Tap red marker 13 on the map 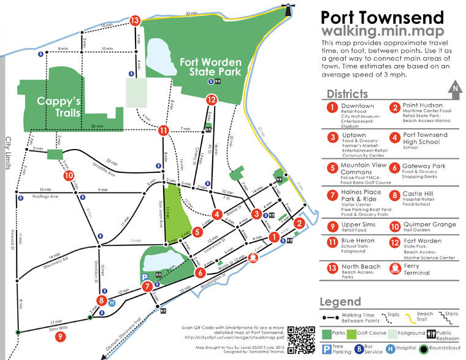point(136,20)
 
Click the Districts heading point(347,94)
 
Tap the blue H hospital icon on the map point(111,302)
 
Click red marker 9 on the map point(60,337)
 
